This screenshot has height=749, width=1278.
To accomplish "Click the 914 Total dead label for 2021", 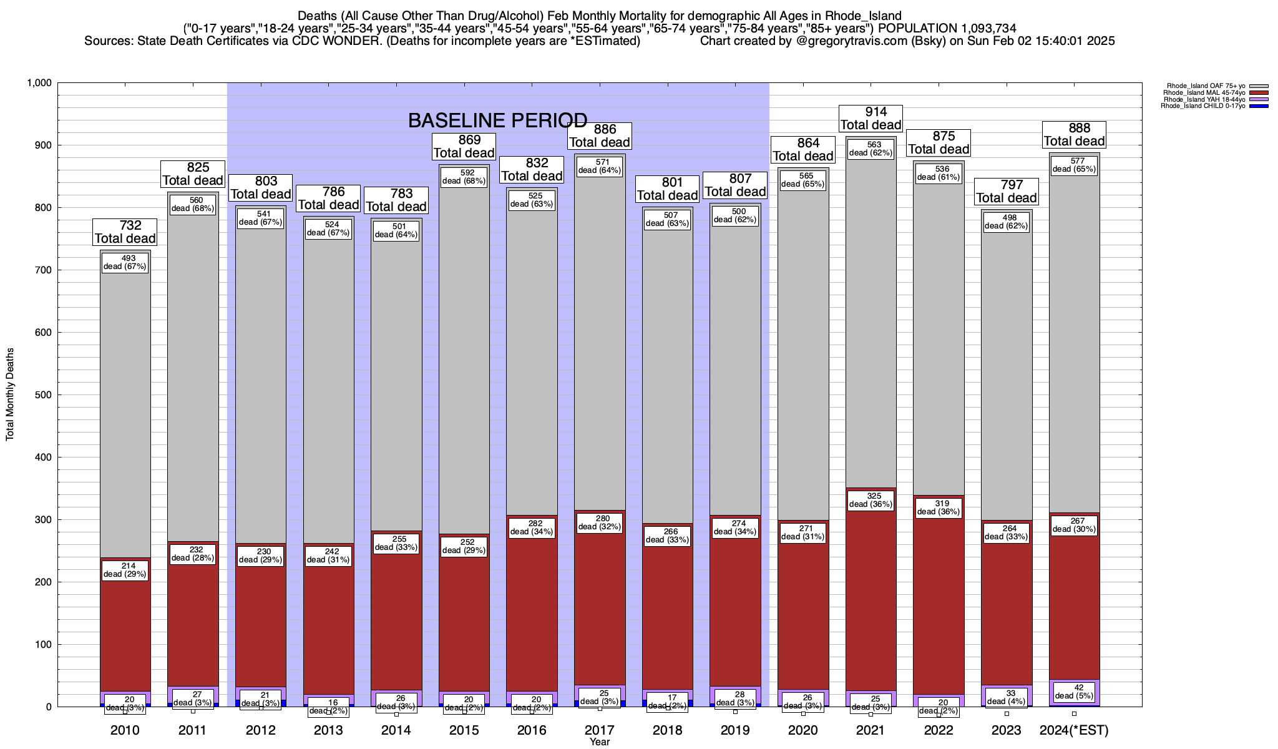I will (x=871, y=119).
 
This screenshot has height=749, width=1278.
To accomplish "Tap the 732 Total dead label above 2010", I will (x=125, y=232).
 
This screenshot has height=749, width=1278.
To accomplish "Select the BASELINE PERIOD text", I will (x=497, y=120).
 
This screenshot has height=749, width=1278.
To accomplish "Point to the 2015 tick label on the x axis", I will (x=464, y=730).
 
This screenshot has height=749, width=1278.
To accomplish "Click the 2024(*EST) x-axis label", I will (x=1073, y=730).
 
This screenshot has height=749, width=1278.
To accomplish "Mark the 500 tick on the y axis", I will (x=44, y=395).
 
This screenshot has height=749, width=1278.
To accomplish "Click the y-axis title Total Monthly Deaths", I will (x=10, y=394).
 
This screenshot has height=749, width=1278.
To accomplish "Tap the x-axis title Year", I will (x=600, y=742).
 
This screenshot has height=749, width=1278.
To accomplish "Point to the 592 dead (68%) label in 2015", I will (x=464, y=177).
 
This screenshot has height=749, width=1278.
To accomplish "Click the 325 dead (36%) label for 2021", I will (x=871, y=501).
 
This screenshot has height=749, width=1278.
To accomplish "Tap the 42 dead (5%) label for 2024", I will (x=1073, y=692).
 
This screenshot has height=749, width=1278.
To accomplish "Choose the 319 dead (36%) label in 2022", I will (x=939, y=507).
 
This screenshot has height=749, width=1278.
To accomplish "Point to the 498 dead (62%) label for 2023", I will (x=1007, y=222).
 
